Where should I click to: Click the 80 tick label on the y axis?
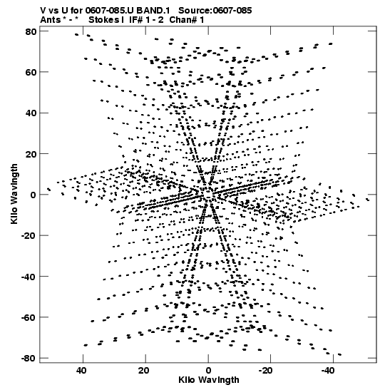pos(31,31)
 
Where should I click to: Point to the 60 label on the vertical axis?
pos(31,73)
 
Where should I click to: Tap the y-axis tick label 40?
pos(31,113)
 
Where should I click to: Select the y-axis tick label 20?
pos(31,154)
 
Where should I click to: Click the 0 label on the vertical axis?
pos(34,195)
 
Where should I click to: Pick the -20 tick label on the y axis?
pos(29,235)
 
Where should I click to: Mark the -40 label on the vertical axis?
pos(29,277)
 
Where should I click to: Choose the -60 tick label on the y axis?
pos(29,317)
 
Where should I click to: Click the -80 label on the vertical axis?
pos(29,358)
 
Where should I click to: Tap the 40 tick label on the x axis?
pos(81,371)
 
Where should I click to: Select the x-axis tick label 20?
pos(144,371)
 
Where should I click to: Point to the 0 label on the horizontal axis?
pos(208,371)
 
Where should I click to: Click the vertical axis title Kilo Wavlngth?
pos(14,194)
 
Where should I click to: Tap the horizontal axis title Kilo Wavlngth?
pos(209,380)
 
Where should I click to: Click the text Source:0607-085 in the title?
pos(215,11)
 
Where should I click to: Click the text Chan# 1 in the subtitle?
pos(187,20)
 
